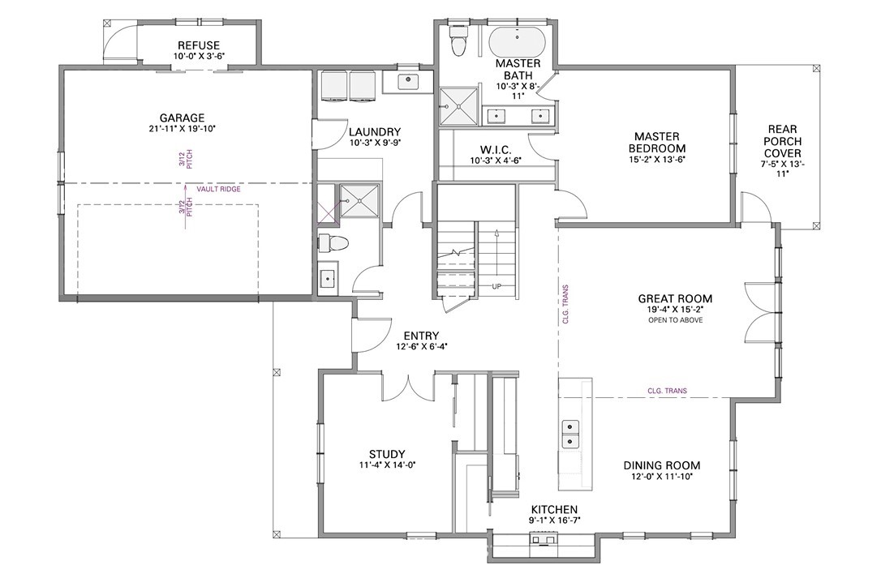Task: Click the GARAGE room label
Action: coord(182,118)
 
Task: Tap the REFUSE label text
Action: coord(199,45)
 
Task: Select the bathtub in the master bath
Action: coord(517,41)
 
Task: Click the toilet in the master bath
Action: coord(458,41)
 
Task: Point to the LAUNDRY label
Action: coord(375,132)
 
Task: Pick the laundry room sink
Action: coord(408,81)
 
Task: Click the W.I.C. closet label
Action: coord(496,150)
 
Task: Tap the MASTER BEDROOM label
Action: coord(657,143)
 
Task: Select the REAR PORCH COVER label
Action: coord(782,141)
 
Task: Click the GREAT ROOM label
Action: coord(675,298)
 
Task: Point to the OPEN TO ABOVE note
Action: coord(675,320)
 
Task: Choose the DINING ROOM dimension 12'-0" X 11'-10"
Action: coord(661,477)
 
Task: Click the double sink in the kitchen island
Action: coord(571,434)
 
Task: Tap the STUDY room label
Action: coord(387,454)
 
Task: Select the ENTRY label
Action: coord(421,336)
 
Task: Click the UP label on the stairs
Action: coord(496,286)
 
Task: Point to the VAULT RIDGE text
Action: coord(218,189)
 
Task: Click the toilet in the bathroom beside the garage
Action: coord(333,243)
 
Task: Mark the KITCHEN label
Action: coord(554,510)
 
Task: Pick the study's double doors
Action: coord(408,387)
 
